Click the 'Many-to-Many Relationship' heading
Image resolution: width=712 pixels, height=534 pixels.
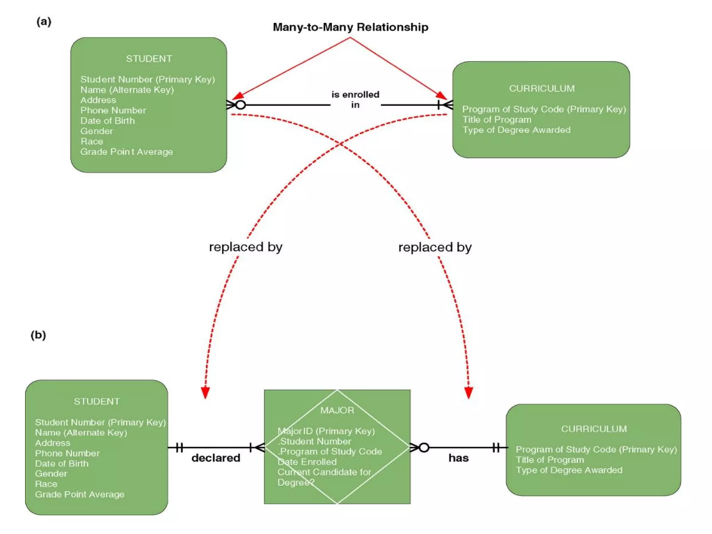point(350,27)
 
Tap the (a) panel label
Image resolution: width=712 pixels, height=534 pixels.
point(44,22)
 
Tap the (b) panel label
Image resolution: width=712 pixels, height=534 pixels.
point(38,335)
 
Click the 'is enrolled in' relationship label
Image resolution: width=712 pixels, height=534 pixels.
point(355,100)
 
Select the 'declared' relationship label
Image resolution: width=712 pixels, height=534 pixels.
point(216,458)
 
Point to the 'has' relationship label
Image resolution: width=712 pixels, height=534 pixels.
point(458,458)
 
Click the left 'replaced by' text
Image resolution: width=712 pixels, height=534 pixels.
point(245,247)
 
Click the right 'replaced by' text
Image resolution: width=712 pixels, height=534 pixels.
point(435,247)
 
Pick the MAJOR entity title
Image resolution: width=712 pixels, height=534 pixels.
point(337,410)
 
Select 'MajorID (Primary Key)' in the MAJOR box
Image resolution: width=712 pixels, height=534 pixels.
point(326,431)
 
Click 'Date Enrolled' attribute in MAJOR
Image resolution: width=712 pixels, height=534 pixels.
point(307,462)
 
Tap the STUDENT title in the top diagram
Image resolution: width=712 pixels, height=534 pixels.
point(149,59)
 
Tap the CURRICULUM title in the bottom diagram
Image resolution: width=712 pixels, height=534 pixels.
point(594,429)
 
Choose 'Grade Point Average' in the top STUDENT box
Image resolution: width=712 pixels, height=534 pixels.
point(127,152)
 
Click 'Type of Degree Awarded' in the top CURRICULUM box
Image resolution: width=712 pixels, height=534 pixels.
point(516,130)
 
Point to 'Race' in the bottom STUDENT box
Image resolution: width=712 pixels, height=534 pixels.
point(46,484)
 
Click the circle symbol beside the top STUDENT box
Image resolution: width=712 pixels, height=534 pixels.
point(241,105)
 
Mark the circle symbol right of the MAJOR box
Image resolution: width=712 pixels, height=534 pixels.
point(424,447)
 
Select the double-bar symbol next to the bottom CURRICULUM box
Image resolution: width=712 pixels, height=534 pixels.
point(496,447)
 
